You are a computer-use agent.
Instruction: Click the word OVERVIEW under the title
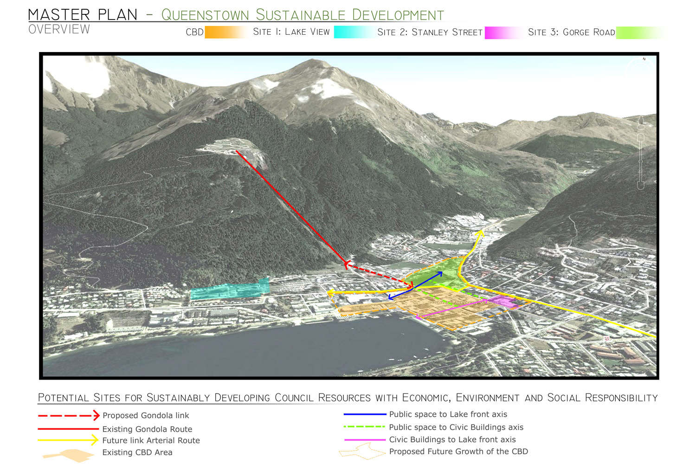[x=59, y=29]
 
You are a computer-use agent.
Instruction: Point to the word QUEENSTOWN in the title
[x=205, y=15]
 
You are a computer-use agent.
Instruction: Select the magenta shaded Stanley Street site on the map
[x=503, y=301]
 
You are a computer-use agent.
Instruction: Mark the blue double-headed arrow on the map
[x=415, y=285]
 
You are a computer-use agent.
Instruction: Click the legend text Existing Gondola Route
[x=147, y=429]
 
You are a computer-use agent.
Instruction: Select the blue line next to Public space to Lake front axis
[x=365, y=414]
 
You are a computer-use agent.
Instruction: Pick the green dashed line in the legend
[x=365, y=427]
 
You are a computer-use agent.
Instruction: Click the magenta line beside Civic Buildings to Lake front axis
[x=365, y=439]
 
